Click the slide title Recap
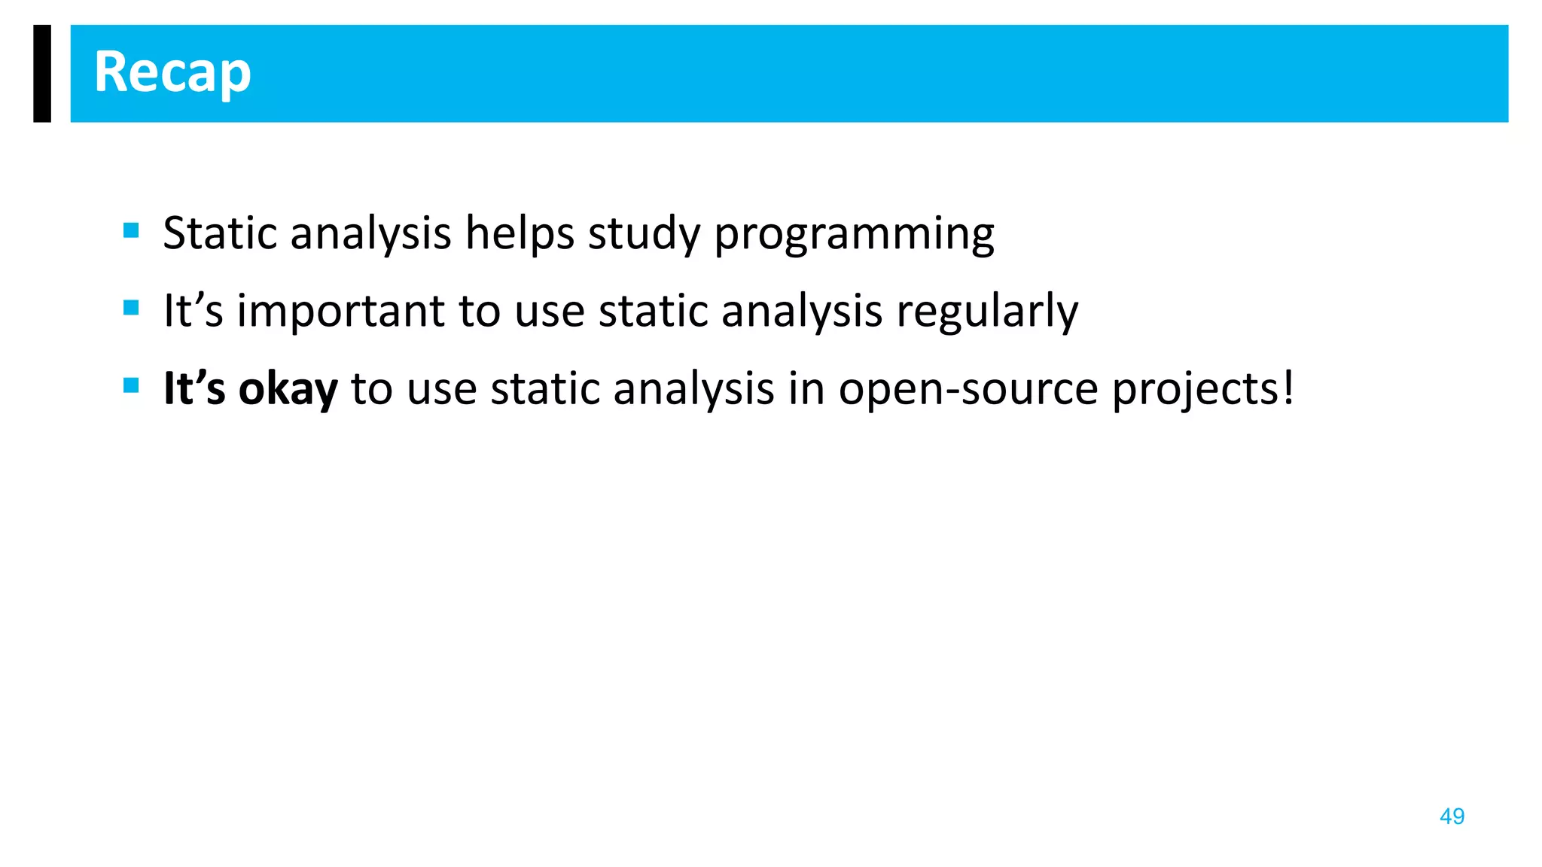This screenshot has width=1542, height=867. click(172, 73)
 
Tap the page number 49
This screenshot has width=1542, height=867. click(1452, 817)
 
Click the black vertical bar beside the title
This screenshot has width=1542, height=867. click(42, 73)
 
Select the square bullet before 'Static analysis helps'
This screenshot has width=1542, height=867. click(131, 230)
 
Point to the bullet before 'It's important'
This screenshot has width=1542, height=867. click(131, 308)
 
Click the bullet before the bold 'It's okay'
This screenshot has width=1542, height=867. click(131, 386)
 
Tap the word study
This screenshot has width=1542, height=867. click(644, 234)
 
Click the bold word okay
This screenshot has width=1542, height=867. click(288, 389)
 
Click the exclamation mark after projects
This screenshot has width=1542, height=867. click(1288, 389)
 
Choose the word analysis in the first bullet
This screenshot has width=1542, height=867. click(370, 234)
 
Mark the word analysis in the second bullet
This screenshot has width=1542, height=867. click(802, 312)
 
